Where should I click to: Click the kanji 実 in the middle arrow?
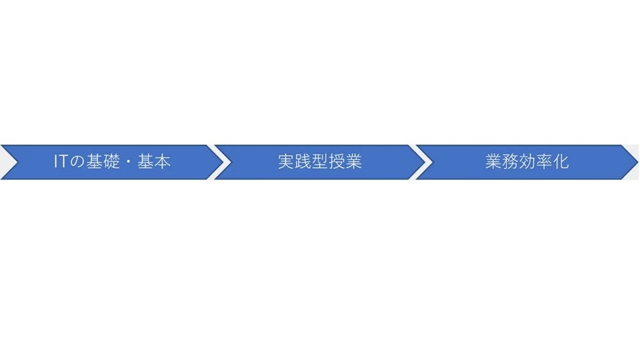point(286,162)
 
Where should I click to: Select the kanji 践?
point(303,162)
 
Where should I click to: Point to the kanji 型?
point(320,162)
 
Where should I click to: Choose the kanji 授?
point(337,162)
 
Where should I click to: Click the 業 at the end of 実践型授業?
point(353,162)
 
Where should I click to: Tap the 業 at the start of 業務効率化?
point(493,162)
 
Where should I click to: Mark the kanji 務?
point(510,162)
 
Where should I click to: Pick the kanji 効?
point(527,162)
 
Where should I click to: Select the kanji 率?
point(544,162)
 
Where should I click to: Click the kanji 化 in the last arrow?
point(561,162)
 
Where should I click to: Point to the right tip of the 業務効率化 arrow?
point(637,162)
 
